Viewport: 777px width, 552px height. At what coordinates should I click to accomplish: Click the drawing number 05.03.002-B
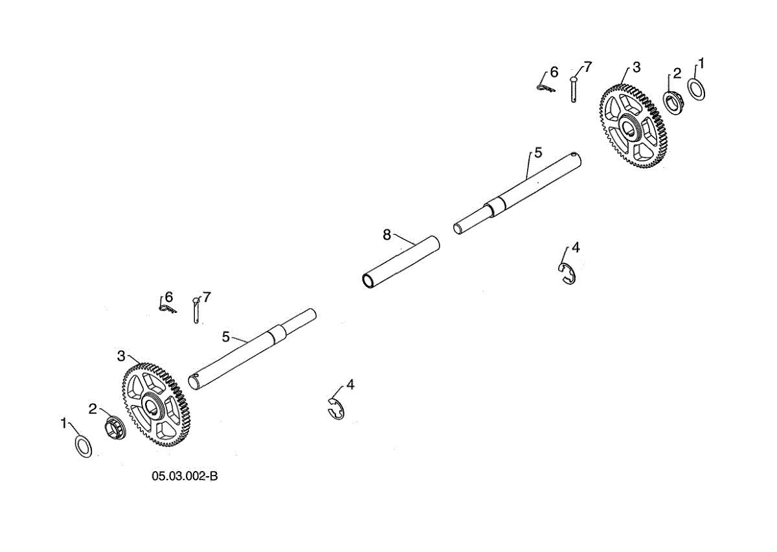click(x=185, y=476)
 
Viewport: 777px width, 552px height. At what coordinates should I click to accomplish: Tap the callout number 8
click(x=387, y=235)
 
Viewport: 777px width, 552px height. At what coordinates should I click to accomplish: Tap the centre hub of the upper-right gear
click(x=628, y=125)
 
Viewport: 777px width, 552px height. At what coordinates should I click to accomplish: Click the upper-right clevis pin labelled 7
click(x=574, y=88)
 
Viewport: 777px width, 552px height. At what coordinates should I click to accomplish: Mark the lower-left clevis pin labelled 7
click(x=196, y=310)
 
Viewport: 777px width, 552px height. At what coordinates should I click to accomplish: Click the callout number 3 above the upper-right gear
click(x=636, y=67)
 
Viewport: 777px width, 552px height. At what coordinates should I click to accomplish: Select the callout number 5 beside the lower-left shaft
click(x=225, y=336)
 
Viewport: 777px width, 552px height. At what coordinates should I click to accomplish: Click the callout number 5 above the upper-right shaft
click(x=537, y=153)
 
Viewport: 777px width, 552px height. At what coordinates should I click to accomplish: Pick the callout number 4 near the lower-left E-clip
click(x=350, y=385)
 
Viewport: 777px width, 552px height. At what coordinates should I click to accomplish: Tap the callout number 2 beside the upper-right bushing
click(x=677, y=73)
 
